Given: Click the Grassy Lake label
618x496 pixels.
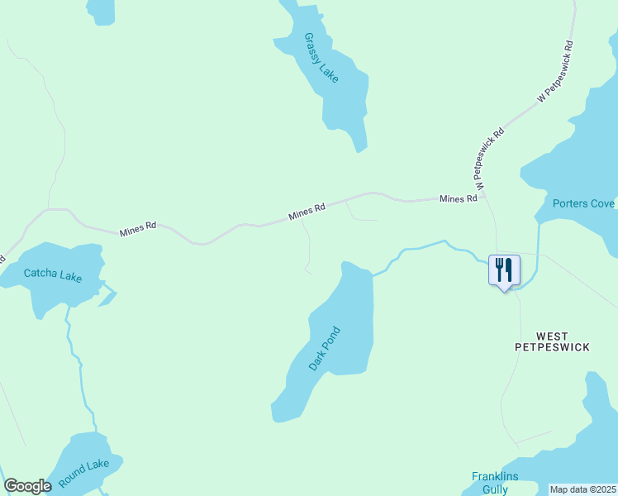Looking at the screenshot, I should point(321,57).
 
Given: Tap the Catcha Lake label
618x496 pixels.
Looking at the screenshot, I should point(53,274).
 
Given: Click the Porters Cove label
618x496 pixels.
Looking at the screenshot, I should point(583,203).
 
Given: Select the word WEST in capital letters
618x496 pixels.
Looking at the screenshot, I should point(552,336).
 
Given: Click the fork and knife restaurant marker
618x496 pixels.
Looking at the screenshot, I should point(504,269).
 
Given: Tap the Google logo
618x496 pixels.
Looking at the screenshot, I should point(27,486).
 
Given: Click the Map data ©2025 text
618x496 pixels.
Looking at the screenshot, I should point(582,489).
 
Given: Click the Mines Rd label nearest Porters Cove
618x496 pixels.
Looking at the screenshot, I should point(458,198).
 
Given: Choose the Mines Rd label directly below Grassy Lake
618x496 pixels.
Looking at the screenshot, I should point(307,212).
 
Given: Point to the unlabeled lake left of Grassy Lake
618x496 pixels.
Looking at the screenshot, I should point(101,9).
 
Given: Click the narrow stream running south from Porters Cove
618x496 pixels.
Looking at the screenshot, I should point(538,252).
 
